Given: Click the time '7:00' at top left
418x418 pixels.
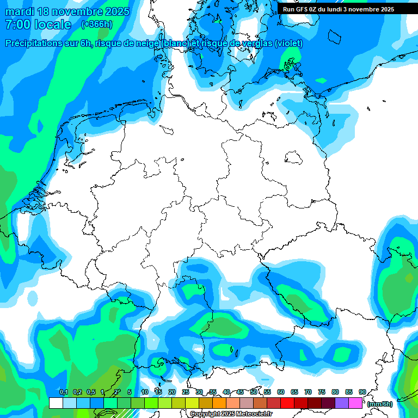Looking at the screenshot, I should tap(16, 25).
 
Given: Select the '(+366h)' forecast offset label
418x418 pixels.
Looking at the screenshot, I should tap(97, 24).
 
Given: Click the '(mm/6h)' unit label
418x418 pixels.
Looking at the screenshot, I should tap(379, 404).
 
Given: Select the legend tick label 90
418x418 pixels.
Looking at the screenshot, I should tap(362, 392).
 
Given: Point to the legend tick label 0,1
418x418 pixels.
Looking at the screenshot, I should tap(64, 392).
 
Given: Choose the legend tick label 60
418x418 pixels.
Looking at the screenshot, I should tap(281, 392).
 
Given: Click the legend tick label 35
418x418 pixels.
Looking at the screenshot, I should tap(213, 392).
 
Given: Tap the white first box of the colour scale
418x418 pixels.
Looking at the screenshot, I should tap(56, 403).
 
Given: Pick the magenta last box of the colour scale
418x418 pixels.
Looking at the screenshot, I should tap(355, 403).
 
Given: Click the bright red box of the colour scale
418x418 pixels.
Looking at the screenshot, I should tap(287, 403).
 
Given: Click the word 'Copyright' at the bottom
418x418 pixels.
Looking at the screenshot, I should tap(205, 414).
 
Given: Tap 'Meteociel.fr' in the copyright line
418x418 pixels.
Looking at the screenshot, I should tap(254, 414).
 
